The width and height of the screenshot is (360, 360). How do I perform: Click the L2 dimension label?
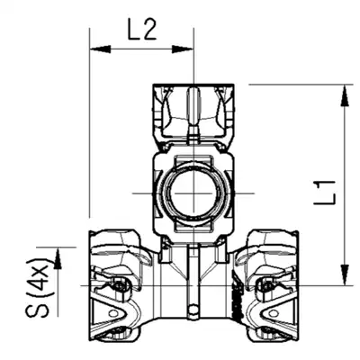142,31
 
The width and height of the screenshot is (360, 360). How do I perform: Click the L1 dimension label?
325,193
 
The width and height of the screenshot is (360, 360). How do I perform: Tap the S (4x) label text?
38,287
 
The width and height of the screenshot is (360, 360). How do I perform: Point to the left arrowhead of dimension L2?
100,49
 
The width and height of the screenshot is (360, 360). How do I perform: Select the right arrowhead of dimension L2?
183,49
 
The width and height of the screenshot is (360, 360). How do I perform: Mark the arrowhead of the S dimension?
58,258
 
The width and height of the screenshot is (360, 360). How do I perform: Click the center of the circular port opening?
193,193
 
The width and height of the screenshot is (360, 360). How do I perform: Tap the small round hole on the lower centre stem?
193,308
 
